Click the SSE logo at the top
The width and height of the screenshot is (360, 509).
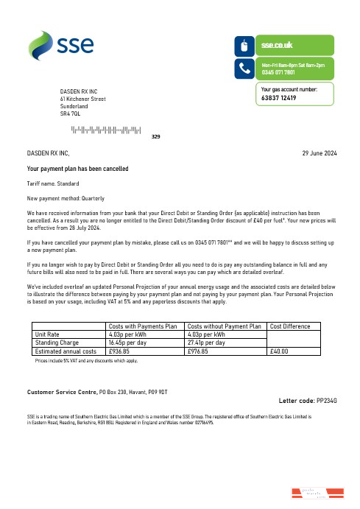point(62,45)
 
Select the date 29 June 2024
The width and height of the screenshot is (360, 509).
point(320,153)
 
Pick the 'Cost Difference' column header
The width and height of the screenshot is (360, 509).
point(291,326)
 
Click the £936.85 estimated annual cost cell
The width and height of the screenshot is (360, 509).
point(120,351)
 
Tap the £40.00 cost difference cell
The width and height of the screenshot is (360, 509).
point(280,351)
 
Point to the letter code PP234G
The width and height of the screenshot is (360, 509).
point(326,400)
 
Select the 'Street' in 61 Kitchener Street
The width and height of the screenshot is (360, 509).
point(98,98)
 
